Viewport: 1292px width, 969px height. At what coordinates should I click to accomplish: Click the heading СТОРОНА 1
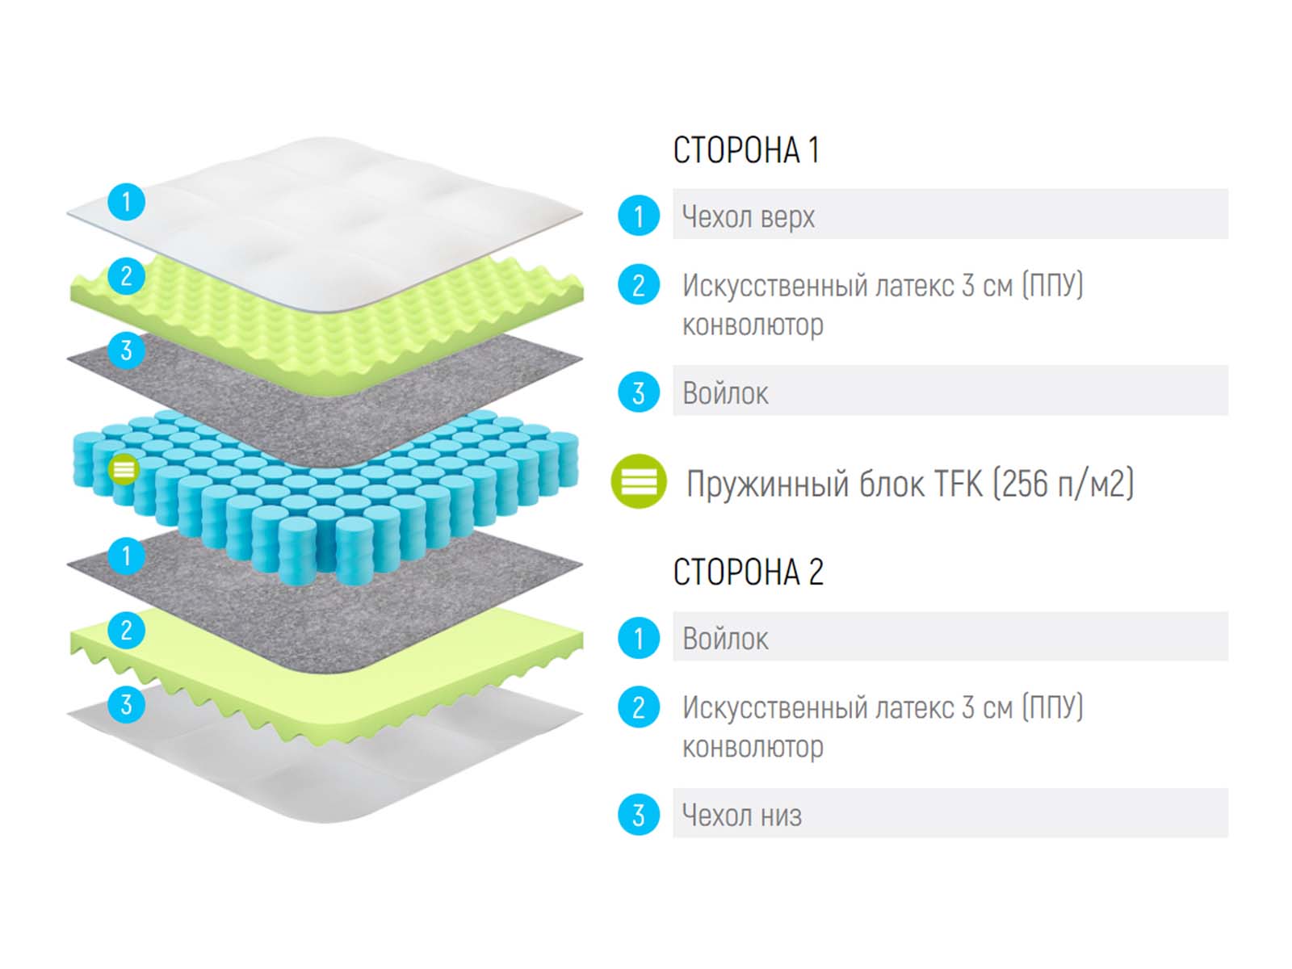coord(746,150)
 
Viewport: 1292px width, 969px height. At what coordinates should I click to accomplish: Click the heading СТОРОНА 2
coord(748,573)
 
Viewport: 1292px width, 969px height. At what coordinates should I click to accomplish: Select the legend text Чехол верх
coord(748,216)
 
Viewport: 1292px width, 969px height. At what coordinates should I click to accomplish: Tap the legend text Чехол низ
coord(741,815)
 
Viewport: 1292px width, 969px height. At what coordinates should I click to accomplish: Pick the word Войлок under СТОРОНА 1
coord(725,393)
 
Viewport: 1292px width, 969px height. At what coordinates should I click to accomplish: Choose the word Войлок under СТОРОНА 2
coord(725,639)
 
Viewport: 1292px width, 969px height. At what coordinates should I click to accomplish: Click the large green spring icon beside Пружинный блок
coord(639,482)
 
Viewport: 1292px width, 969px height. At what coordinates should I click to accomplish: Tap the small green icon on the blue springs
coord(124,468)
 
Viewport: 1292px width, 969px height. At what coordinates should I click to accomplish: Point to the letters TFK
coord(958,484)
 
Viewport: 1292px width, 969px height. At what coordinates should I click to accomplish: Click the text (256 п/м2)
coord(1063,484)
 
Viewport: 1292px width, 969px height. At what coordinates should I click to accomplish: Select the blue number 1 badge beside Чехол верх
coord(639,216)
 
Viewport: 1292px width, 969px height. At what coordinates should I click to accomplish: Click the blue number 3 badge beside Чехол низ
coord(639,815)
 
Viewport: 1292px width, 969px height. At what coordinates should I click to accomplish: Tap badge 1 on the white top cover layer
coord(126,201)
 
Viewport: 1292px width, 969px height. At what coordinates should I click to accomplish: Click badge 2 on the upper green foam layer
coord(126,276)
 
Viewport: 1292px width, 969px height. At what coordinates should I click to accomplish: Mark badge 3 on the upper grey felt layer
coord(126,350)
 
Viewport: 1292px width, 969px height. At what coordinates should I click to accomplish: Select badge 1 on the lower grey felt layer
coord(126,556)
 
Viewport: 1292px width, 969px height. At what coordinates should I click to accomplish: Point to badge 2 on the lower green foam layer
coord(126,630)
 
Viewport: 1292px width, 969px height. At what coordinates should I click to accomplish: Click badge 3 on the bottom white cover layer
coord(126,704)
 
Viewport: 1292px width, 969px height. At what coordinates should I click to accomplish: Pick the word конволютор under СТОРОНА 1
coord(753,325)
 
